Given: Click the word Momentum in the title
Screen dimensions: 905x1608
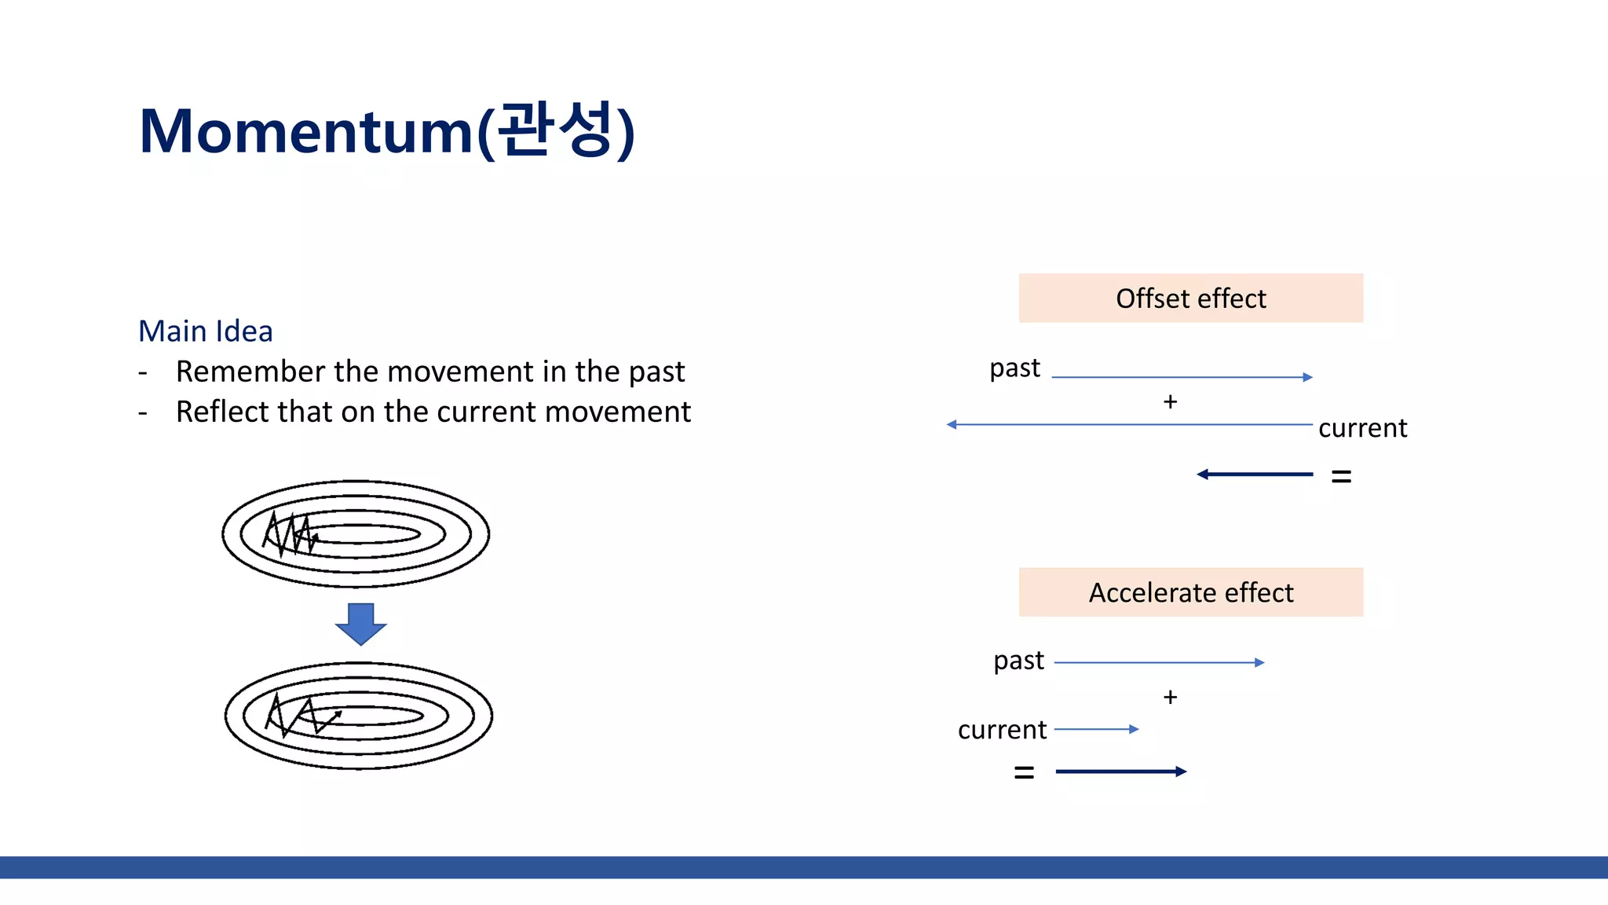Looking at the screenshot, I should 306,131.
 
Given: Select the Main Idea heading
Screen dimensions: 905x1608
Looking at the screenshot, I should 206,331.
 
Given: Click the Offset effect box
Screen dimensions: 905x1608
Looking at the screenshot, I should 1190,299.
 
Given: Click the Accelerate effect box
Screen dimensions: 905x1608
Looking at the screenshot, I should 1190,592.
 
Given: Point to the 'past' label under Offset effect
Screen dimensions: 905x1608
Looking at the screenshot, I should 1014,368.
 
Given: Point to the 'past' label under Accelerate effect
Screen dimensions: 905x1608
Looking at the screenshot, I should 1018,661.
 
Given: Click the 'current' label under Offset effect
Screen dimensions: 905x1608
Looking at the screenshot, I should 1362,428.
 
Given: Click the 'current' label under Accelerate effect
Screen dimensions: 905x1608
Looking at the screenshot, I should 1002,730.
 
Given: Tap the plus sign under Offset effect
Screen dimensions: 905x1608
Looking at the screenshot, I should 1170,401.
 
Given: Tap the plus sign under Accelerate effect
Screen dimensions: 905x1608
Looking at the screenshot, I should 1170,697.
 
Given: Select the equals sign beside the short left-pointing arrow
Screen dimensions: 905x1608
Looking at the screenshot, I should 1341,476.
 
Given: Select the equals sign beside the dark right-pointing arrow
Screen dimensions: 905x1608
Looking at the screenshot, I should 1024,772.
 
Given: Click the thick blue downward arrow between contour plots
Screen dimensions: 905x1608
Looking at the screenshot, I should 360,623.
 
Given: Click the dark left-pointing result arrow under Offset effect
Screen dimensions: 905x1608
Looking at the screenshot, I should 1254,474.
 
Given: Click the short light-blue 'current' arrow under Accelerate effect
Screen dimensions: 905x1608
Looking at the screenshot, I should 1096,729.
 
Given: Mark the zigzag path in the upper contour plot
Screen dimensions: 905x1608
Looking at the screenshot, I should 290,534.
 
